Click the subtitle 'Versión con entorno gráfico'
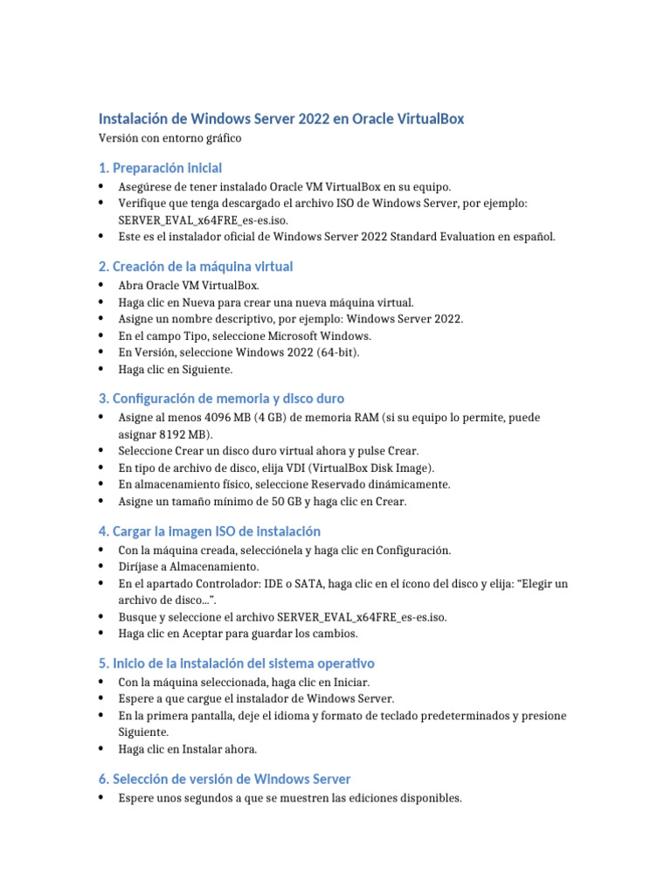click(169, 138)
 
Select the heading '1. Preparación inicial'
click(160, 167)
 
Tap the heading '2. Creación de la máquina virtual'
click(196, 266)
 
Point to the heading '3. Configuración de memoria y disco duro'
click(221, 399)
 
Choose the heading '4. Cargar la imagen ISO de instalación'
click(210, 531)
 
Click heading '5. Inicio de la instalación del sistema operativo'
click(237, 663)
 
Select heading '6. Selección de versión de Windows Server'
click(225, 779)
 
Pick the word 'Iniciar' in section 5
click(349, 682)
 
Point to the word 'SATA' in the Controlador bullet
click(277, 584)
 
